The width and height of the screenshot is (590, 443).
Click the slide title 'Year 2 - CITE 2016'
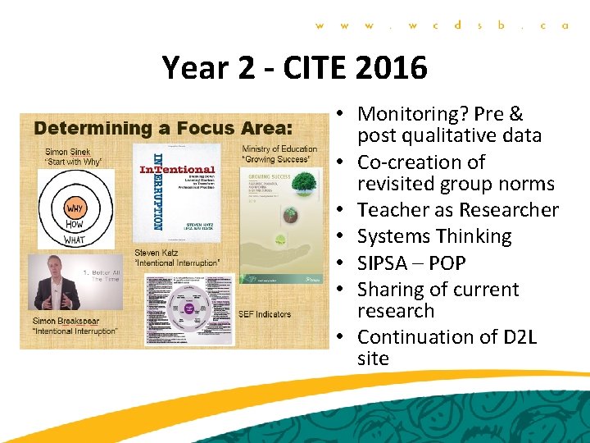pyautogui.click(x=294, y=67)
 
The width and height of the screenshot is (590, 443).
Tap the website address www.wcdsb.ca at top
pyautogui.click(x=442, y=25)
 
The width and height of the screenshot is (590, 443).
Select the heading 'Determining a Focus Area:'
pyautogui.click(x=164, y=128)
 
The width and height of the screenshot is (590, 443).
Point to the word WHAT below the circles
pyautogui.click(x=74, y=240)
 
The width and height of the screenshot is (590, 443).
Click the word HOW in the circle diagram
pyautogui.click(x=74, y=224)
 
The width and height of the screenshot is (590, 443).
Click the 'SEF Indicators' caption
pyautogui.click(x=262, y=314)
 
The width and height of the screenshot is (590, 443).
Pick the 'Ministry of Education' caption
pyautogui.click(x=279, y=148)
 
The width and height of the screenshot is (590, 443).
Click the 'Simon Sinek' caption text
pyautogui.click(x=69, y=152)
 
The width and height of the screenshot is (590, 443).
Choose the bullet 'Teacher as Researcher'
pyautogui.click(x=457, y=210)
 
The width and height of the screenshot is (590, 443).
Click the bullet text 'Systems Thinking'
pyautogui.click(x=434, y=236)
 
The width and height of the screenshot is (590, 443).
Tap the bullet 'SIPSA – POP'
pyautogui.click(x=411, y=263)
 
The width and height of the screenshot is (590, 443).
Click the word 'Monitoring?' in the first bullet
pyautogui.click(x=406, y=114)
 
